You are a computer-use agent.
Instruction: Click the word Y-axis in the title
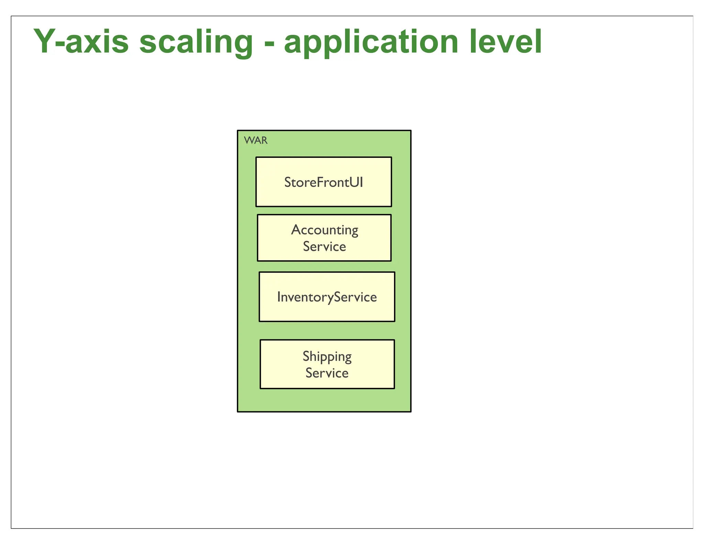tap(81, 42)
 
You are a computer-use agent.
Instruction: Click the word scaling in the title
tap(196, 43)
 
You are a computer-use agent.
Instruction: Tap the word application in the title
tap(371, 43)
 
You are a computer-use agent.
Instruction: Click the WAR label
tap(255, 140)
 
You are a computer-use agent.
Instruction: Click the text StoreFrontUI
tap(323, 182)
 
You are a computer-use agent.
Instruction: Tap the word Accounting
tap(324, 230)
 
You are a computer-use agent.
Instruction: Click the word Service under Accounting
tap(324, 247)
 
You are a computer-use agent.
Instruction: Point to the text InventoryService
tap(327, 297)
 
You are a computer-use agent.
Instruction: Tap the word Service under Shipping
tap(327, 373)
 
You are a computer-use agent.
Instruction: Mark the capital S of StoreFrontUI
tap(287, 182)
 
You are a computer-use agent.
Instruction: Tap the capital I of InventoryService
tap(279, 297)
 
